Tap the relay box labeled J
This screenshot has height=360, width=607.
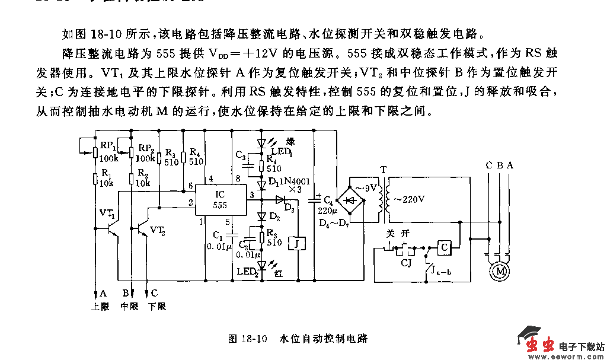click(x=295, y=243)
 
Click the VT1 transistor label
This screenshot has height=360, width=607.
click(x=107, y=213)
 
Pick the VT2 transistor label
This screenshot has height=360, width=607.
click(x=158, y=230)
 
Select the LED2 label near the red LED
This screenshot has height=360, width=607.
click(x=248, y=272)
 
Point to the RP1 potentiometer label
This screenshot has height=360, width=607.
click(x=107, y=145)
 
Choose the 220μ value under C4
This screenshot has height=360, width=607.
click(x=327, y=211)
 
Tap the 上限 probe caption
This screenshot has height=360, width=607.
click(x=99, y=306)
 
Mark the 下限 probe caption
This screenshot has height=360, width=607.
click(x=156, y=306)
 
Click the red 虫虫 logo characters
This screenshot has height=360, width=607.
click(x=541, y=345)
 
